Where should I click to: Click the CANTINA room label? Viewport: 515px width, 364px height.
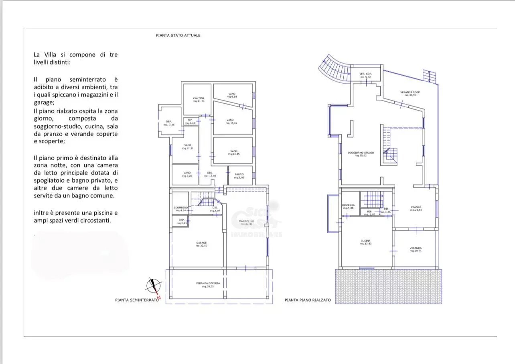pyautogui.click(x=199, y=99)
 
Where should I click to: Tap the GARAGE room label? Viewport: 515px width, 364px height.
pyautogui.click(x=201, y=243)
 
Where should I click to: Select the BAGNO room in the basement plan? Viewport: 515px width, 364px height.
pyautogui.click(x=239, y=175)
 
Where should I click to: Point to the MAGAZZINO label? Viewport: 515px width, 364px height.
pyautogui.click(x=246, y=221)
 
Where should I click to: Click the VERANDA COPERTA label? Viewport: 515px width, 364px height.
pyautogui.click(x=208, y=284)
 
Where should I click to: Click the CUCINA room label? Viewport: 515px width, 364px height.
pyautogui.click(x=365, y=241)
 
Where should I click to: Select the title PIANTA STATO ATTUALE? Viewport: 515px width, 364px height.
pyautogui.click(x=178, y=35)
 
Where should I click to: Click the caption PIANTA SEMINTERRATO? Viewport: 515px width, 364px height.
pyautogui.click(x=137, y=300)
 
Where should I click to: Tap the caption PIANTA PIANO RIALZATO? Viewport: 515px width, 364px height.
pyautogui.click(x=308, y=300)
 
